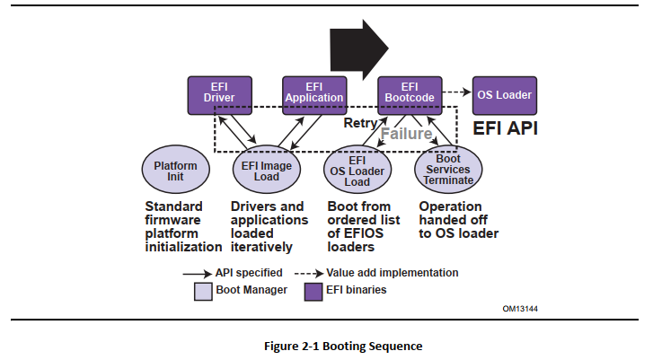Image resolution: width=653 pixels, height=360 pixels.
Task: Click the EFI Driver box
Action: (x=219, y=95)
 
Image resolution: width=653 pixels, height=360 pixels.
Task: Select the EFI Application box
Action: (x=314, y=95)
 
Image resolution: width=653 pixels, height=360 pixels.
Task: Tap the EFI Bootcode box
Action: (x=410, y=95)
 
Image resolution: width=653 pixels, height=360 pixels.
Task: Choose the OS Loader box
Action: (x=505, y=94)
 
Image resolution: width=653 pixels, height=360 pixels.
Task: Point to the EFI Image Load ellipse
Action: (x=267, y=171)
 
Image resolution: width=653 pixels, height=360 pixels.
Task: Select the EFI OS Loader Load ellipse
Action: (x=357, y=171)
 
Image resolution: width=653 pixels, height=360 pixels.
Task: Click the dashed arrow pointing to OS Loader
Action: (x=456, y=92)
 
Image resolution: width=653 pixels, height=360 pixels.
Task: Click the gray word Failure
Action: (x=406, y=134)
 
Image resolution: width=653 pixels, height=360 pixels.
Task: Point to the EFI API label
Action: (x=505, y=128)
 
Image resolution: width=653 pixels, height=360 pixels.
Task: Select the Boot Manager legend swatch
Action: (x=203, y=290)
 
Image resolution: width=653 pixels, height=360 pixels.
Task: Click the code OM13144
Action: (x=520, y=309)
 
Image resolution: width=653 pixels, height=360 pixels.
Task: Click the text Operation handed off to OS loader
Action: (x=458, y=220)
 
